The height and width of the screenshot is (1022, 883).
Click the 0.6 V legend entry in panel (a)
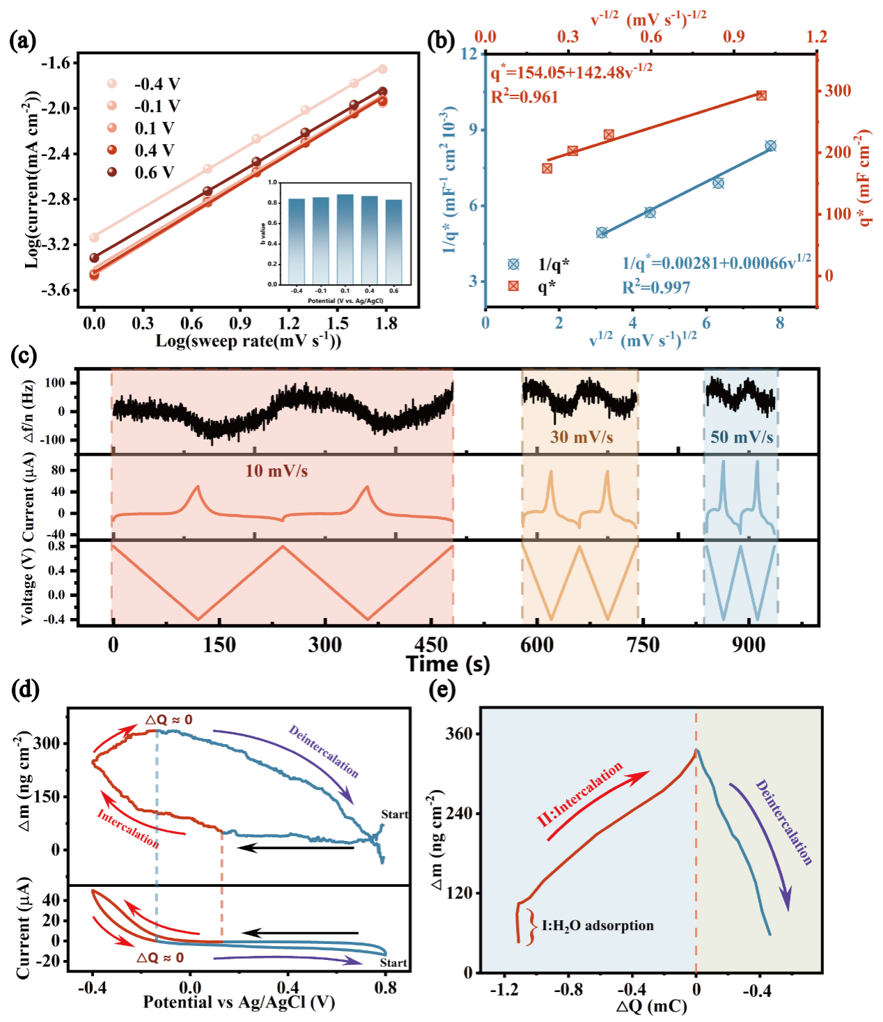153,173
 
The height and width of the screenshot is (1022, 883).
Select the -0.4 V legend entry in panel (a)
156,84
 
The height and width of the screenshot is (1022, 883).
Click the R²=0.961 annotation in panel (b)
524,97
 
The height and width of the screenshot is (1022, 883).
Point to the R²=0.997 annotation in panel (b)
656,287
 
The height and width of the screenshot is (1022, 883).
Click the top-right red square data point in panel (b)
761,95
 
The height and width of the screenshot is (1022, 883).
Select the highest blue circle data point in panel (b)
770,146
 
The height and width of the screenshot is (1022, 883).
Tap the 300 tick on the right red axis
838,91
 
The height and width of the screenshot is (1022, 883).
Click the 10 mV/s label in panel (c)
276,472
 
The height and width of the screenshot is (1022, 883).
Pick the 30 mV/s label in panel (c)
581,438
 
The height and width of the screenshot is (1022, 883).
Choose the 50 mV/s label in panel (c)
742,438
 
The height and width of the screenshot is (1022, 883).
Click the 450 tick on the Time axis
431,645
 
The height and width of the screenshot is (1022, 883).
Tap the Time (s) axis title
448,664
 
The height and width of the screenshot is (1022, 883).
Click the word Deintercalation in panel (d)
324,752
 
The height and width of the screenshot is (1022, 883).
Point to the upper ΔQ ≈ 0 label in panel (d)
169,720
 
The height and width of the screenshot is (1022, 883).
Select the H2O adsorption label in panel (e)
597,926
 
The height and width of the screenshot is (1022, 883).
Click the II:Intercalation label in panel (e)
580,795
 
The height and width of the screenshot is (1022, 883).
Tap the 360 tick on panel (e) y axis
459,734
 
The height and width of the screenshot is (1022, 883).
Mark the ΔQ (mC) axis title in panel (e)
651,1006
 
